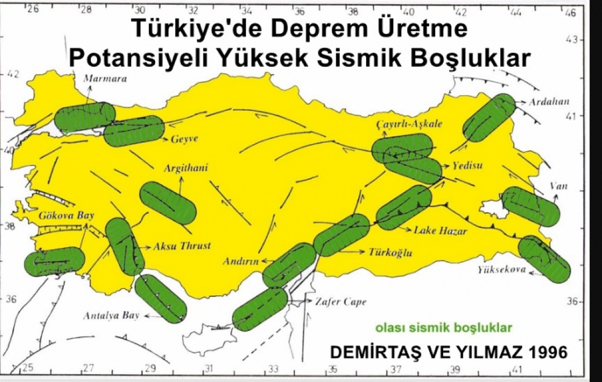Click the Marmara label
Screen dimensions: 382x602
(x=105, y=79)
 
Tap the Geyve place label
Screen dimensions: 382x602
(x=184, y=139)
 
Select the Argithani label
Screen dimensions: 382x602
(x=185, y=168)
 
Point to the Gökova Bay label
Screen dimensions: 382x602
(x=66, y=215)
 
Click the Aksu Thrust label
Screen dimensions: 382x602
(x=182, y=246)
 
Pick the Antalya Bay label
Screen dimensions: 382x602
(x=111, y=316)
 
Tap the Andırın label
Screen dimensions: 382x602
(x=241, y=261)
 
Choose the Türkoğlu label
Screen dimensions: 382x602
(x=390, y=253)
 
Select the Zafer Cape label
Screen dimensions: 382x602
(x=341, y=302)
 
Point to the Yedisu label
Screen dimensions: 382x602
(x=467, y=165)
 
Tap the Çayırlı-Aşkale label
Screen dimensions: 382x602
(x=409, y=124)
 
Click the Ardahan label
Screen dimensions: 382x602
(x=549, y=102)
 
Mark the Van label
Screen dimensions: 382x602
(x=559, y=186)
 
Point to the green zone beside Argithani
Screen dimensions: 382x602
(x=168, y=203)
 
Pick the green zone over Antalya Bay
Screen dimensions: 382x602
(x=161, y=298)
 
